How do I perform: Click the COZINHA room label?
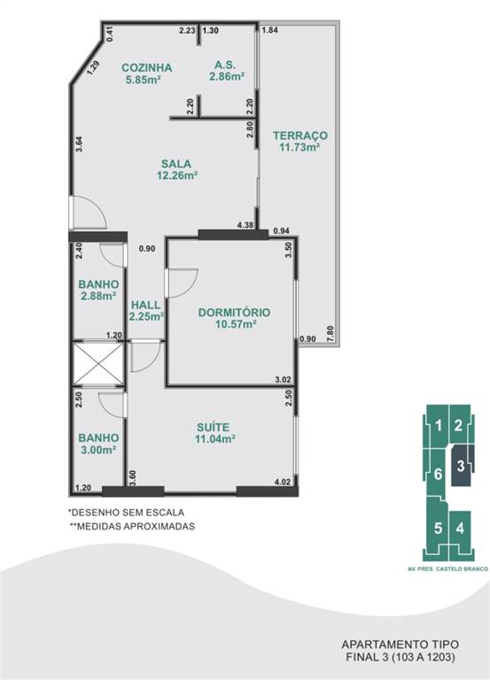[x=147, y=67]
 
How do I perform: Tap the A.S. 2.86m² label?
[x=227, y=71]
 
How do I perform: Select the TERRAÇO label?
[x=300, y=135]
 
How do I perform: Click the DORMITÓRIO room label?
[x=234, y=313]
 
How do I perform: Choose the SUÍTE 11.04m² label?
[x=214, y=433]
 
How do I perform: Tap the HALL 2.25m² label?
[x=146, y=311]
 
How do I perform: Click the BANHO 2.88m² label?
[x=98, y=290]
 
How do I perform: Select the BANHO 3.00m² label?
[x=98, y=444]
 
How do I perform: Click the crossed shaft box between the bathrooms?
[x=98, y=364]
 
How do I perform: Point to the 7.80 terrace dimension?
[x=331, y=333]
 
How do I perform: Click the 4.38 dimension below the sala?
[x=245, y=225]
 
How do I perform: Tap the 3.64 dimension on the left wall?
[x=79, y=144]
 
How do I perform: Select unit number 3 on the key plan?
[x=461, y=467]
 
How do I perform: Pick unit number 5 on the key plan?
[x=438, y=529]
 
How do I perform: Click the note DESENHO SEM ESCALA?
[x=127, y=512]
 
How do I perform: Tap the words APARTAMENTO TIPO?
[x=400, y=645]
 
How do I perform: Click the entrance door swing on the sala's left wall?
[x=89, y=212]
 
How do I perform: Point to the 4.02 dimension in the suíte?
[x=282, y=482]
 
